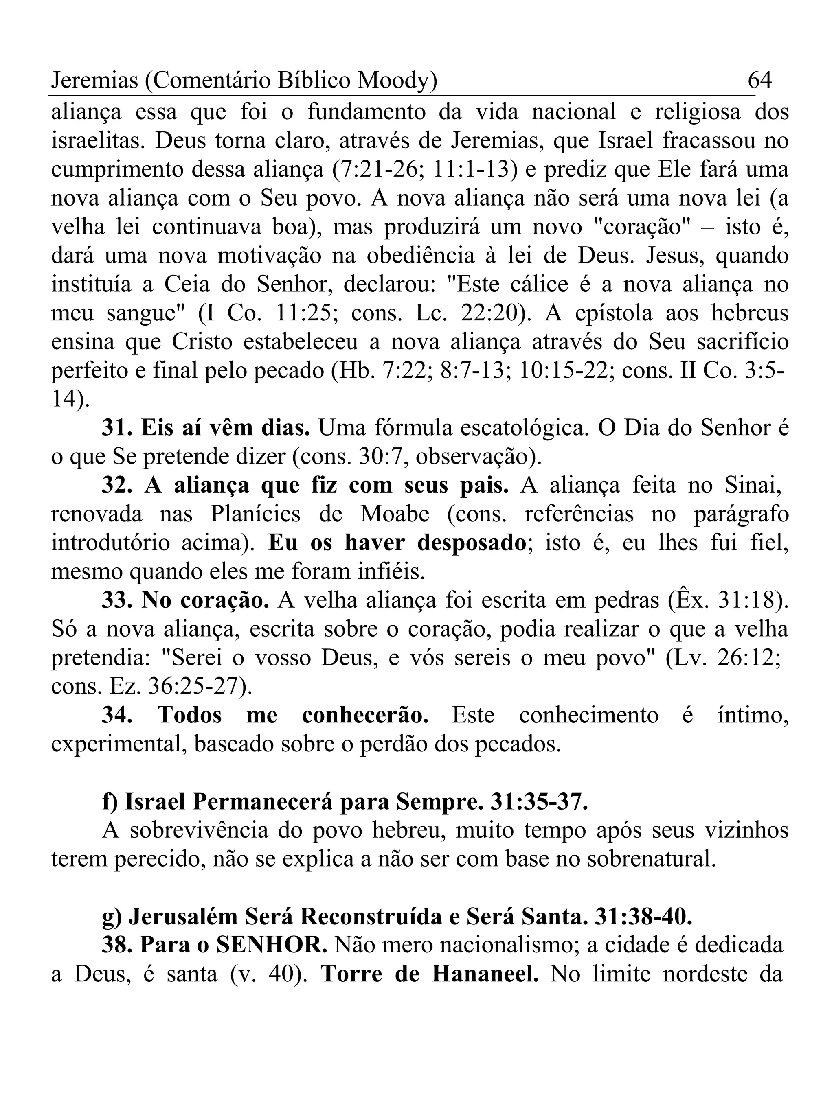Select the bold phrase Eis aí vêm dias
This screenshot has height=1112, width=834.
click(x=225, y=428)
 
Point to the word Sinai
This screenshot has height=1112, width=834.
click(x=753, y=486)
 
